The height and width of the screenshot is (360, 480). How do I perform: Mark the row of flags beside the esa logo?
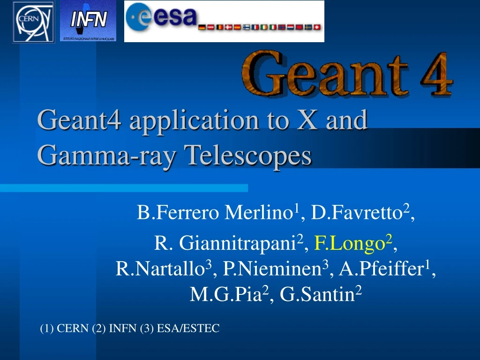(x=261, y=28)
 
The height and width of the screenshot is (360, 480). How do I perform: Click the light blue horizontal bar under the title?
(x=124, y=188)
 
